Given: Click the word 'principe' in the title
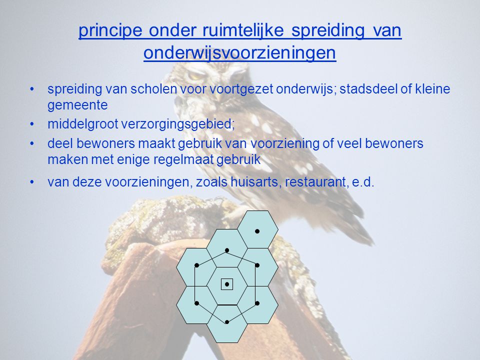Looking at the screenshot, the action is [110, 31].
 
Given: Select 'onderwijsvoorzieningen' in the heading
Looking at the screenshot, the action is [239, 52].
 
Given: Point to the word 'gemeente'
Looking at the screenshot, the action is [78, 105].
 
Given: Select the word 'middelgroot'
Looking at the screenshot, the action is [83, 124].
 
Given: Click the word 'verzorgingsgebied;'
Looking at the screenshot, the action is [178, 124].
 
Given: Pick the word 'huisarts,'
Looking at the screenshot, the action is [256, 182].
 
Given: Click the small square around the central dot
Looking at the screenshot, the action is [227, 284].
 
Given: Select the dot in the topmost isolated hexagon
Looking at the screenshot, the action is [257, 231].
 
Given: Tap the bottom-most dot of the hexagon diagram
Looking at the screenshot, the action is [227, 322].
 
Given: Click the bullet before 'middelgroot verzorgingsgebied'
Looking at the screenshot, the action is [32, 124].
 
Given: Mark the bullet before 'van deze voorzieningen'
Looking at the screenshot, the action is [32, 182].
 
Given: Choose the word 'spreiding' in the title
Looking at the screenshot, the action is [328, 31].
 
